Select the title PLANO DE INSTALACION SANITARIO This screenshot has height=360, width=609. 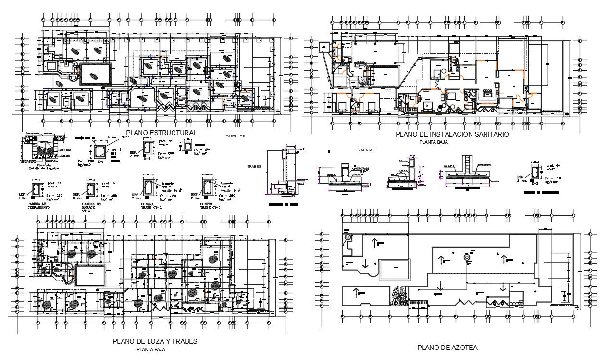pos(452,135)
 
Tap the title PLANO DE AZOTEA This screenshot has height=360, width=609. pos(447,347)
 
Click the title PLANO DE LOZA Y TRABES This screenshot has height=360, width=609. pos(155,341)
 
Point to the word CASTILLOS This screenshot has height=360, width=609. pos(235,137)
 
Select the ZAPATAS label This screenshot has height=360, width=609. pos(366,150)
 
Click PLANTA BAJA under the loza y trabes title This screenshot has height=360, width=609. pos(150,350)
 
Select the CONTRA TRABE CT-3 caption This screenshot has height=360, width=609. pos(210,206)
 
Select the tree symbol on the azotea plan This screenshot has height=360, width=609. pos(398,295)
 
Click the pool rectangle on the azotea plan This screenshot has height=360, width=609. pos(395,270)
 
